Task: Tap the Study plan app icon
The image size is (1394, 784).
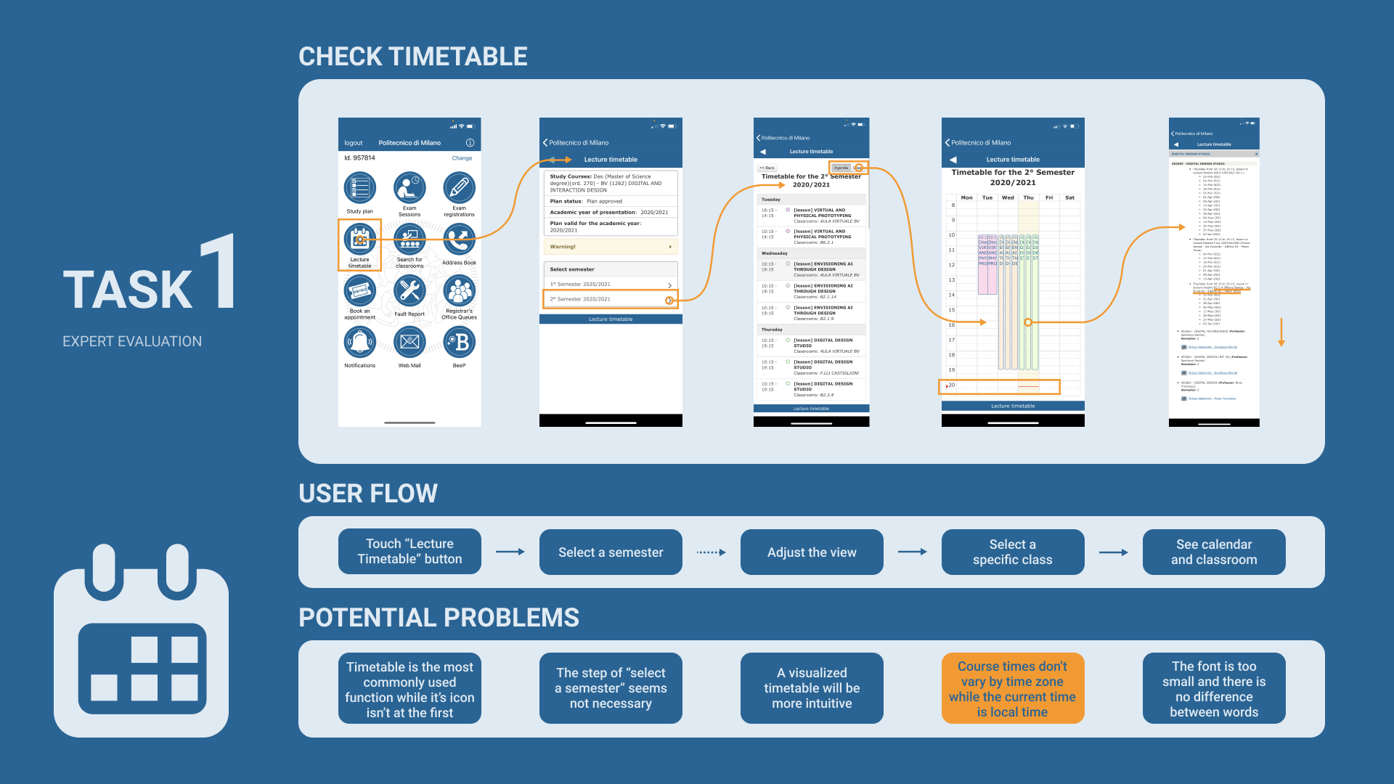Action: click(360, 189)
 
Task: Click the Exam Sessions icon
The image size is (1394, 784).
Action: click(409, 189)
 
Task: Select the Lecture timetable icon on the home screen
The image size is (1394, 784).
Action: click(360, 240)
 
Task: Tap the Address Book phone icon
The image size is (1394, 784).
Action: click(459, 240)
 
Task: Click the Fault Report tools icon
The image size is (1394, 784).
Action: click(409, 292)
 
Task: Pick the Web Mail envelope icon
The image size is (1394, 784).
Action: click(409, 343)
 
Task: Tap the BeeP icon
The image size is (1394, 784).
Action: click(459, 343)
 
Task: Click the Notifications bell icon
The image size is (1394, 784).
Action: click(360, 343)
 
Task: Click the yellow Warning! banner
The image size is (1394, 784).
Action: click(610, 247)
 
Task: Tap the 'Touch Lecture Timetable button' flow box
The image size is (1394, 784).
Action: click(409, 552)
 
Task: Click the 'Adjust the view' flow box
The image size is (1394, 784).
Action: click(812, 552)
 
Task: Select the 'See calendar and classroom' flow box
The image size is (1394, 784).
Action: click(1214, 552)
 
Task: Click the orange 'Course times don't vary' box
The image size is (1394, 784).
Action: click(1013, 688)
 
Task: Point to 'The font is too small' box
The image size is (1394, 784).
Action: click(1214, 688)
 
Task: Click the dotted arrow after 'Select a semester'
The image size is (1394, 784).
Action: click(711, 552)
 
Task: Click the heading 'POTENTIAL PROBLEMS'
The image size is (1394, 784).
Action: click(439, 618)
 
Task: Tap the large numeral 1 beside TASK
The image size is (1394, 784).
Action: click(219, 272)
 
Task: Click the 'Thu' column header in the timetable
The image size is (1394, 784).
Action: click(1028, 197)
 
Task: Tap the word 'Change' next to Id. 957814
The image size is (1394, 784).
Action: click(462, 158)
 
